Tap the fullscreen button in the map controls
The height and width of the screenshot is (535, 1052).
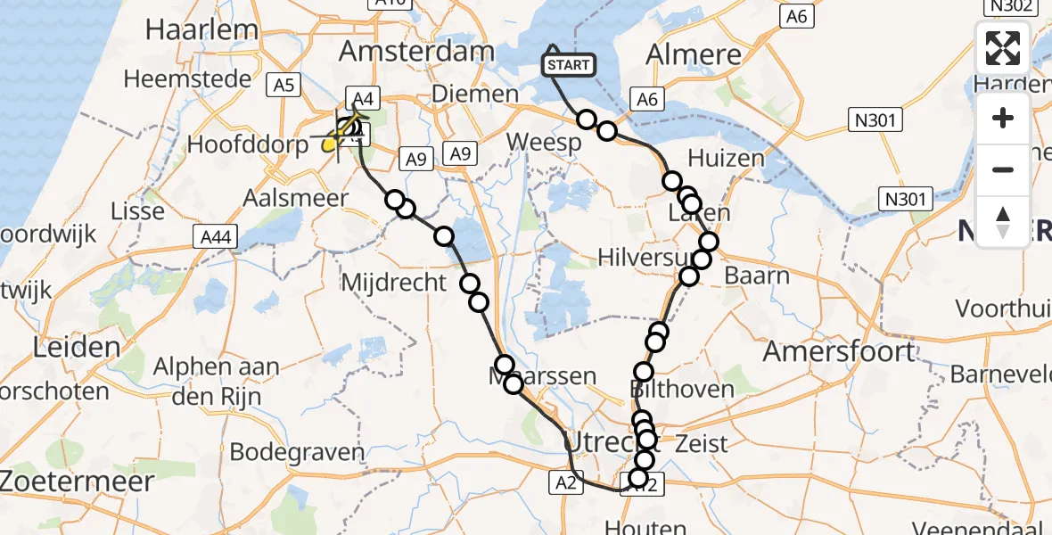click(1003, 48)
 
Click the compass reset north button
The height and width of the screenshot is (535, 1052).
click(1003, 222)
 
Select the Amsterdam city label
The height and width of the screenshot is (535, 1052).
click(416, 51)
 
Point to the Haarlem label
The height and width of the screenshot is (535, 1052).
click(201, 29)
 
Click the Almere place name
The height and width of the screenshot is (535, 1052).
click(693, 54)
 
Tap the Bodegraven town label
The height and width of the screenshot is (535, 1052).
click(297, 451)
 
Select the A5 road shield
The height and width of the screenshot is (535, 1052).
click(283, 86)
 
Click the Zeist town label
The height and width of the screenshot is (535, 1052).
click(702, 443)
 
